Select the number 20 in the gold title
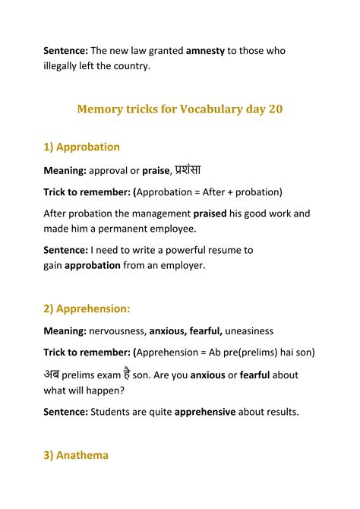275,109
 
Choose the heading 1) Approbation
81,147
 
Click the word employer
182,265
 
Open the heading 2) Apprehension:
87,308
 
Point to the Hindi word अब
52,374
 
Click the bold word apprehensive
205,412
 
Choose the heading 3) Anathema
76,455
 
